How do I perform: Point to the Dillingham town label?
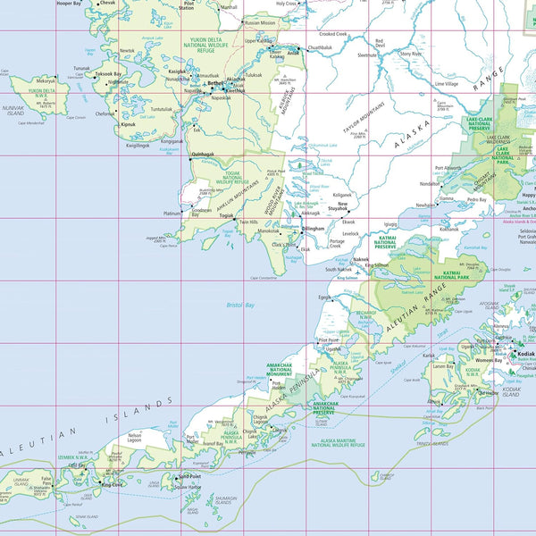click(313, 229)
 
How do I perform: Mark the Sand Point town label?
click(189, 476)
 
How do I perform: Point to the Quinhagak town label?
click(204, 154)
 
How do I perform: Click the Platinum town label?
click(172, 214)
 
